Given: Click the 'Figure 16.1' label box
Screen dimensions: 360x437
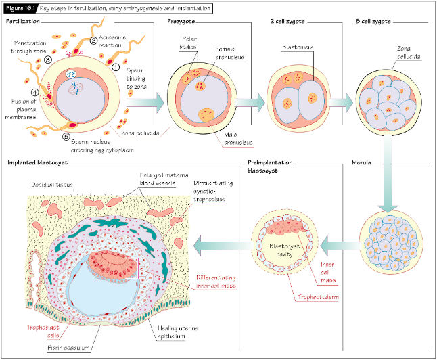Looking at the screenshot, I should point(21,9).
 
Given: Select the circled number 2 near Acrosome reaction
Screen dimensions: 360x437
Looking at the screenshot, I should point(94,41).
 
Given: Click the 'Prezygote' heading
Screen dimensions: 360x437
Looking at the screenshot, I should point(181,22).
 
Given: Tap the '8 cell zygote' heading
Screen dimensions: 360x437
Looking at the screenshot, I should point(373,22).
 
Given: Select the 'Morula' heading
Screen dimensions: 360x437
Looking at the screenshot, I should point(364,163).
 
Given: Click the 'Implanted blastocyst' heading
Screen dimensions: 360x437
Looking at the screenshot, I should point(37,163).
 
